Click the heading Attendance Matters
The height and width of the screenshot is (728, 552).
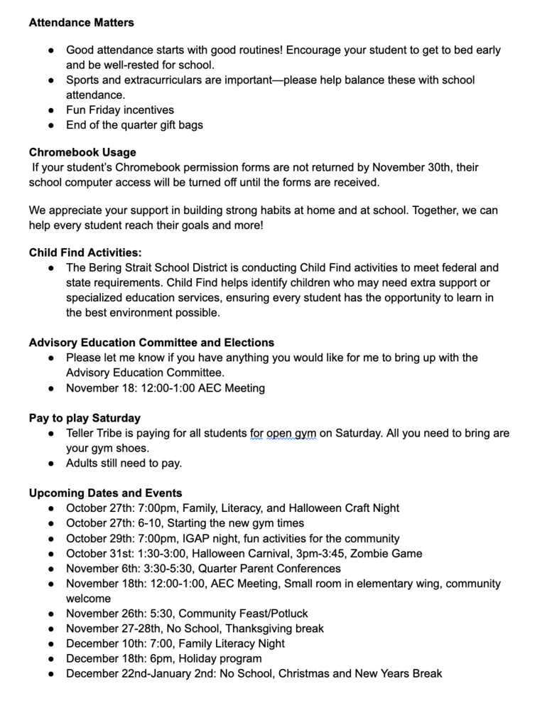point(81,23)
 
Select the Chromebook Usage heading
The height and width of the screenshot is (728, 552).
point(82,152)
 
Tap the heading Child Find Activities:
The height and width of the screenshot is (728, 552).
point(85,252)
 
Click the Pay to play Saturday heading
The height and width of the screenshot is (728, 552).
point(85,418)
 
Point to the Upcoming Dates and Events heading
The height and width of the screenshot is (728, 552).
point(105,493)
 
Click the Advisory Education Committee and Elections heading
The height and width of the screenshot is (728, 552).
point(151,343)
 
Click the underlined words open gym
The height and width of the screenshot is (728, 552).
point(291,433)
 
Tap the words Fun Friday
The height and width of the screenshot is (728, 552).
point(95,109)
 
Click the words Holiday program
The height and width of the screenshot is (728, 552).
point(220,658)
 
